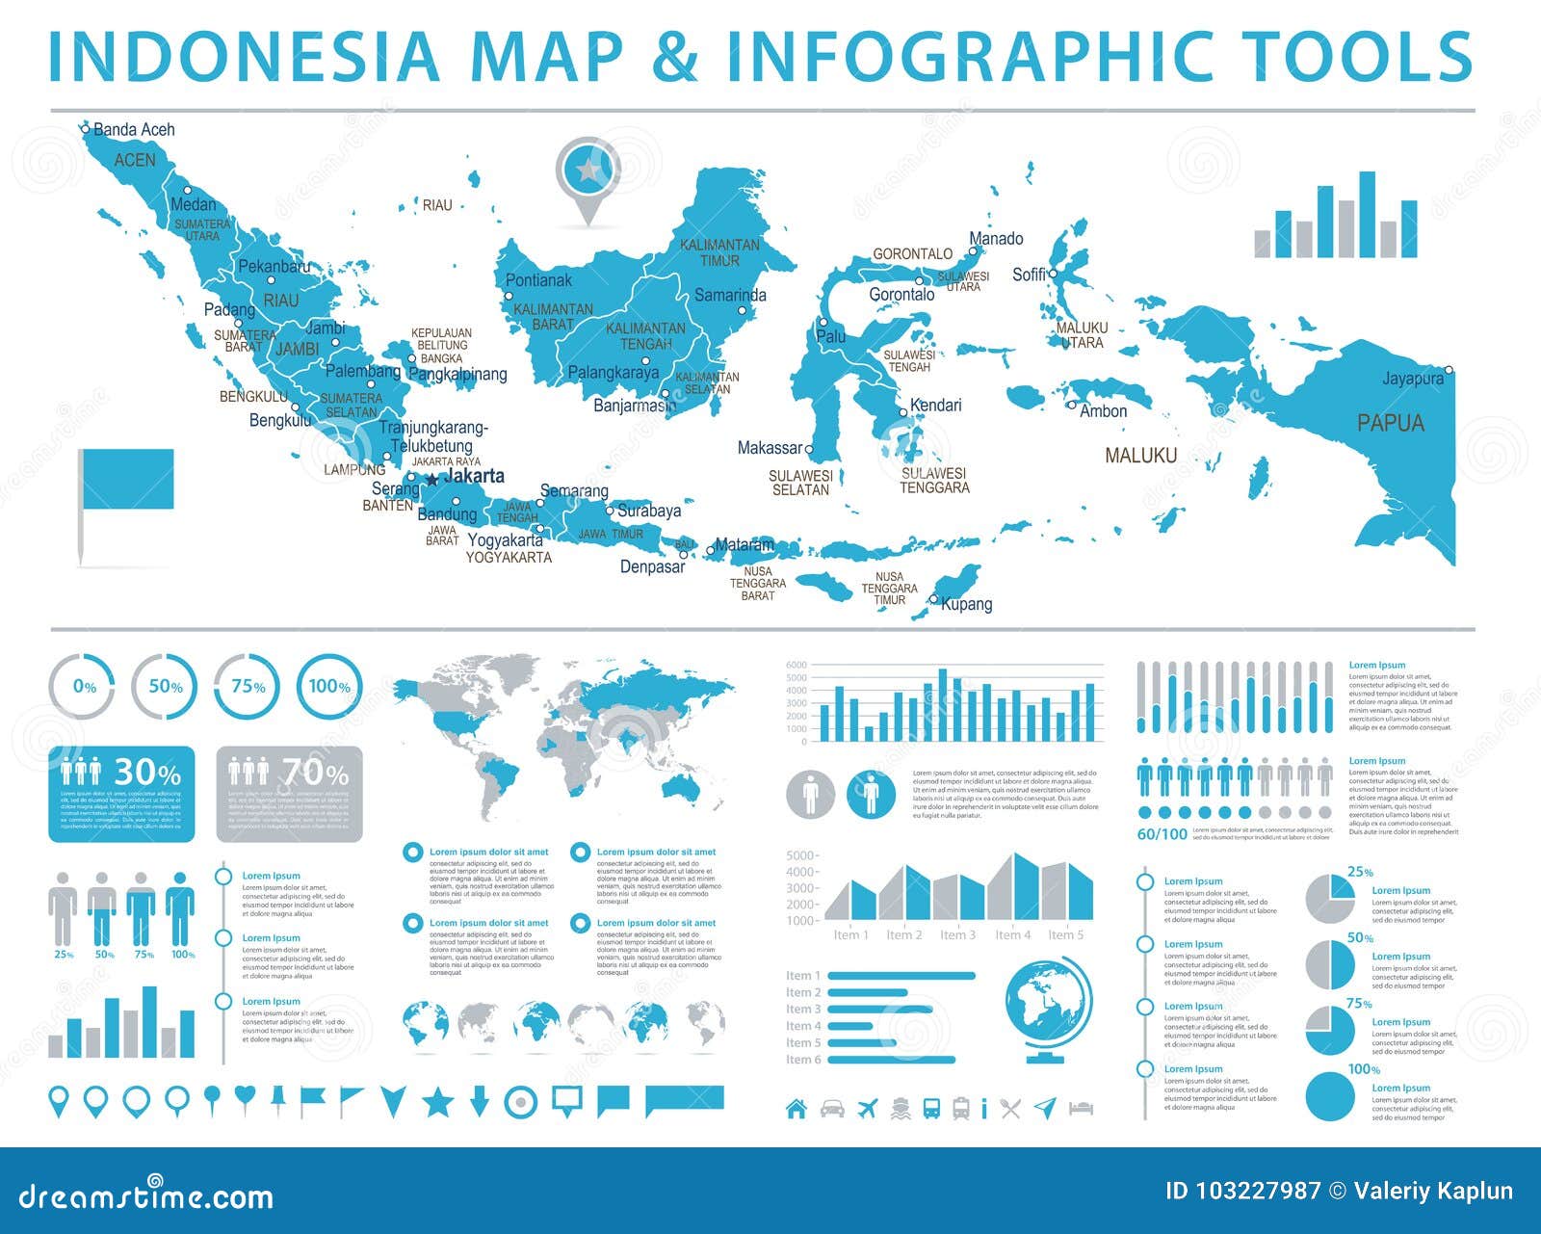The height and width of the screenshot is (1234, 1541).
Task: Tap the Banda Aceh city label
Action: click(x=134, y=129)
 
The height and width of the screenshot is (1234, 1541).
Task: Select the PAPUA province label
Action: click(x=1390, y=422)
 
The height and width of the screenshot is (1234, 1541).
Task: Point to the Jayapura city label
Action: click(x=1412, y=379)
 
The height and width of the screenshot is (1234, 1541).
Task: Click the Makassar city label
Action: click(x=770, y=448)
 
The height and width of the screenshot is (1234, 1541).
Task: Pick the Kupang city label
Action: click(x=966, y=604)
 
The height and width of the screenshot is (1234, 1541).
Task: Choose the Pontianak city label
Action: click(x=538, y=280)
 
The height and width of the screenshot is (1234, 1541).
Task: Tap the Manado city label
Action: click(x=996, y=238)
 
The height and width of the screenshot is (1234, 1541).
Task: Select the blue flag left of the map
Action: click(x=127, y=480)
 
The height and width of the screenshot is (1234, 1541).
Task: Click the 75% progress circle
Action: click(x=248, y=687)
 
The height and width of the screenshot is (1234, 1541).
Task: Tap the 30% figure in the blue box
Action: click(x=147, y=773)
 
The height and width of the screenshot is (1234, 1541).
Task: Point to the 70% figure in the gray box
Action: click(x=315, y=773)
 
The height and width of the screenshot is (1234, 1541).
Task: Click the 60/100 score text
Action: click(x=1162, y=834)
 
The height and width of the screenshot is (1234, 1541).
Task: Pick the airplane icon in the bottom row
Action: click(x=868, y=1108)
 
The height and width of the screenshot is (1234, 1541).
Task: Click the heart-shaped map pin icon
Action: click(x=246, y=1098)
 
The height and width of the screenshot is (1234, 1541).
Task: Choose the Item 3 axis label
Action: click(x=957, y=934)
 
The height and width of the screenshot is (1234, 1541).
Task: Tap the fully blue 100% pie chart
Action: click(x=1330, y=1095)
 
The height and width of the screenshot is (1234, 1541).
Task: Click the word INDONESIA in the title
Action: click(x=244, y=56)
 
